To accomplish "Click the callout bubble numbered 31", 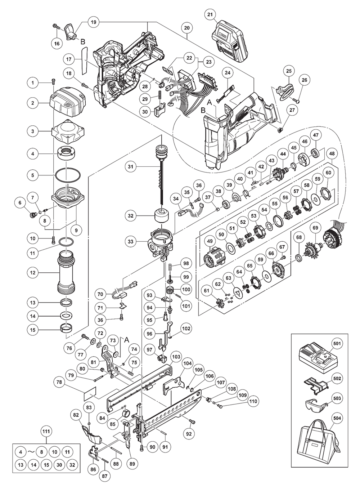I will [131, 166].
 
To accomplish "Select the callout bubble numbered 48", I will [332, 153].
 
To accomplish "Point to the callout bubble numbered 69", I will [315, 228].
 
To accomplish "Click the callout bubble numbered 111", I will [46, 431].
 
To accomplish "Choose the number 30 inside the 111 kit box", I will [59, 465].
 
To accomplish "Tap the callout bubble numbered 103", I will [176, 357].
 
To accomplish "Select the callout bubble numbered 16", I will [57, 44].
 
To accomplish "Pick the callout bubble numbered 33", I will [131, 242].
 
